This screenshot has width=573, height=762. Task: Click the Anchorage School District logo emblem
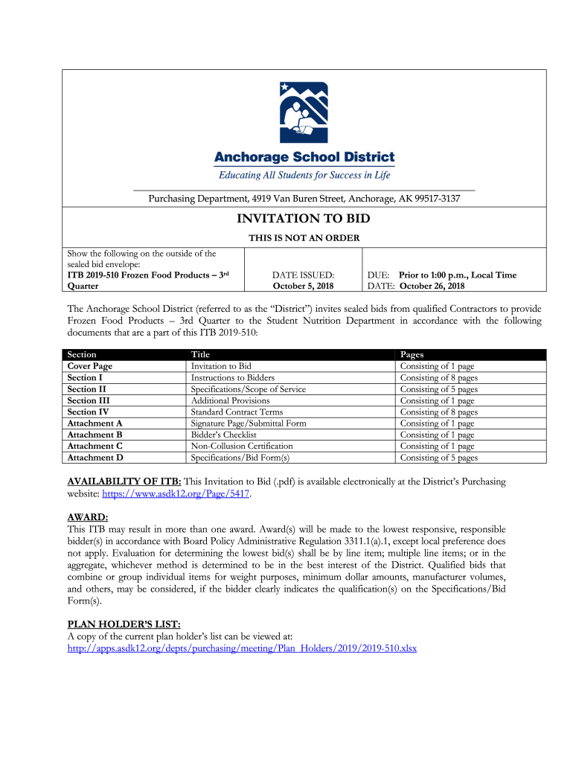point(304,113)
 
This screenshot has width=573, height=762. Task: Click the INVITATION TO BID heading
point(304,219)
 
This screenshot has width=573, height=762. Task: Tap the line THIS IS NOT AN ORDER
point(304,238)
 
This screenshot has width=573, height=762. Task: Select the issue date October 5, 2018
point(303,286)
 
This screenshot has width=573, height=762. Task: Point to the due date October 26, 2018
point(432,286)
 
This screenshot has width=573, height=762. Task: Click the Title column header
point(200,355)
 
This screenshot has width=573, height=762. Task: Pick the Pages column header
point(412,355)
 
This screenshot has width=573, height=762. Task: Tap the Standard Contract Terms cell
point(237,412)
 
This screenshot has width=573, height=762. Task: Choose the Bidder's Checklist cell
point(223,435)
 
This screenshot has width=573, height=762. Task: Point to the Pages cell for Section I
point(439,377)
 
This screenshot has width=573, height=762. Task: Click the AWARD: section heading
point(88,516)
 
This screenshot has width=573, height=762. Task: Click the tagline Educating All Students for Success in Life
point(304,176)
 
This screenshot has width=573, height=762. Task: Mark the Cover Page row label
point(90,366)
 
